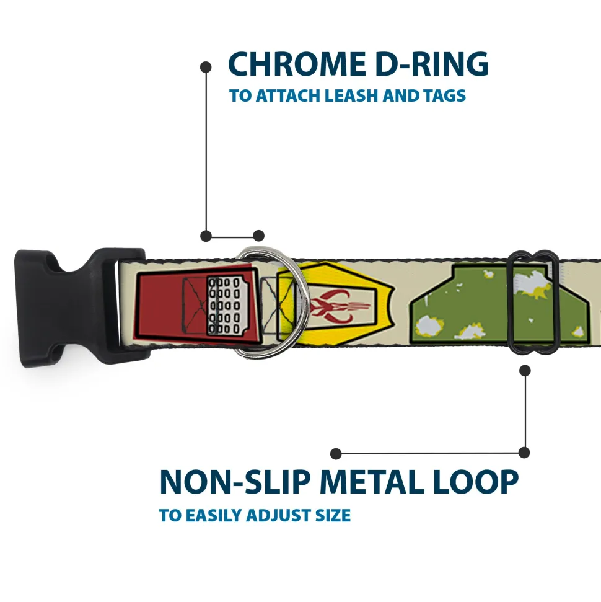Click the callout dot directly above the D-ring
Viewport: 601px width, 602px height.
(x=259, y=236)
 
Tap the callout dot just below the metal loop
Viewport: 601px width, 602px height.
(x=525, y=371)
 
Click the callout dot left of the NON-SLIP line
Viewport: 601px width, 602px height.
(x=336, y=453)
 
